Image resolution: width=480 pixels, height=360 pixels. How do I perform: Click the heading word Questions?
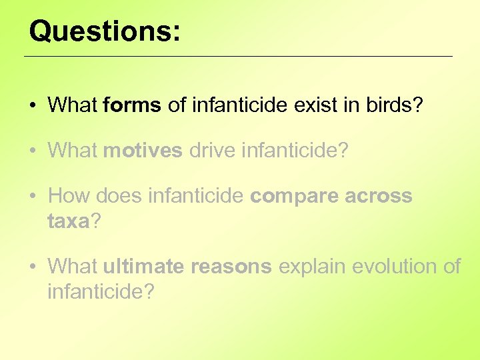104,31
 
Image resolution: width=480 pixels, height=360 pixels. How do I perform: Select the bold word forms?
132,105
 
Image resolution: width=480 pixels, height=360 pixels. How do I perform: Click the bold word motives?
143,150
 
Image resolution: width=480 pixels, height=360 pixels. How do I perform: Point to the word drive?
212,150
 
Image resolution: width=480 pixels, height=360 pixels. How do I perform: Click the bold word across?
378,196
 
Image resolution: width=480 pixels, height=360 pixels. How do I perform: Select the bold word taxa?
68,221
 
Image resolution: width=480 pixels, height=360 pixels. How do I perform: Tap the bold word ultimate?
143,267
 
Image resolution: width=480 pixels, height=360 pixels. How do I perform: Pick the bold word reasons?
231,267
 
